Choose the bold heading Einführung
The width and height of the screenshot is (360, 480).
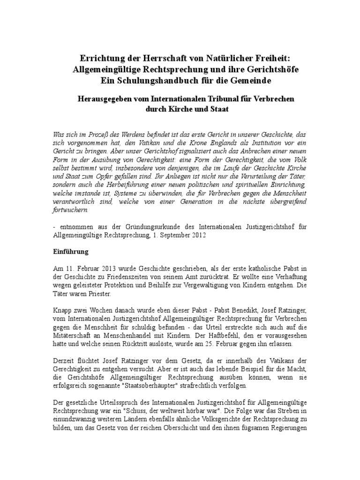coord(70,252)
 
